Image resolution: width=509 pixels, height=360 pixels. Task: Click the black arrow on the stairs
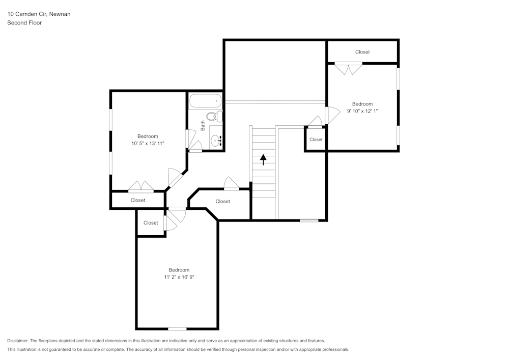[x=263, y=160]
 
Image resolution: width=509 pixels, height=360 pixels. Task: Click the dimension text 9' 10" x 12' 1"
[x=362, y=111]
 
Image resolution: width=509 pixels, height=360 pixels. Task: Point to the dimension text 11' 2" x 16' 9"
[x=179, y=277]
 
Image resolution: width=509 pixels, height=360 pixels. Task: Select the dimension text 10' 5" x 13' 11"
[x=148, y=144]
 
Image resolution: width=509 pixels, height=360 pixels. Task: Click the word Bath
[x=203, y=125]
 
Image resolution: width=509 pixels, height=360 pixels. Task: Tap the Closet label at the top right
[x=362, y=52]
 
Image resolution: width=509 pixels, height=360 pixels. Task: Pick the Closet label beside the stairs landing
[x=316, y=140]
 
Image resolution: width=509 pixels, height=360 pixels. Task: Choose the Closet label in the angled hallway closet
[x=222, y=202]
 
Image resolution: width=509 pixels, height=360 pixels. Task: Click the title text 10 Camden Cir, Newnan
[x=39, y=14]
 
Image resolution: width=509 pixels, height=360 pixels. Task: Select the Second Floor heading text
[x=24, y=23]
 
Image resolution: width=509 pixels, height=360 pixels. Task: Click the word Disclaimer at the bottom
[x=18, y=341]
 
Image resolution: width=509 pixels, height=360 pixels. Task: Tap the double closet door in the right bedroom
[x=349, y=68]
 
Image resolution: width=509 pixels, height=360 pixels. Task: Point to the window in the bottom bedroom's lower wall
[x=177, y=328]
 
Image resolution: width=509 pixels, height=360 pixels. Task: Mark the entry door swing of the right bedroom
[x=331, y=116]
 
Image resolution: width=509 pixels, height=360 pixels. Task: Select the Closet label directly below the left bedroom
[x=137, y=200]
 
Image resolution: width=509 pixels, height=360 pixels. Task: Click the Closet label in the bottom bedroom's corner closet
[x=151, y=223]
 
